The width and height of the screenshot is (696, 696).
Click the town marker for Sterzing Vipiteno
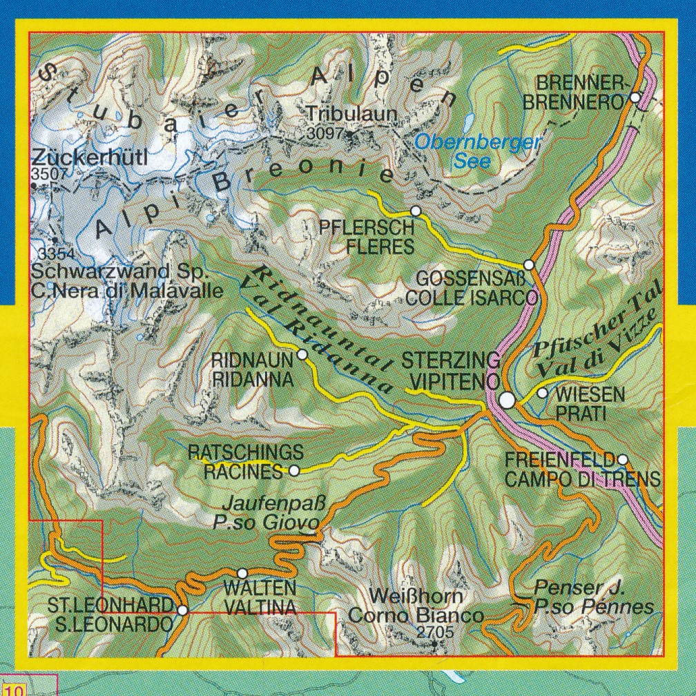(x=507, y=400)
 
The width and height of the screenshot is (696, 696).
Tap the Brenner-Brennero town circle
(x=635, y=98)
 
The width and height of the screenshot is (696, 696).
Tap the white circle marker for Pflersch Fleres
(x=415, y=211)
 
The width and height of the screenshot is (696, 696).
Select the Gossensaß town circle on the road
(x=529, y=264)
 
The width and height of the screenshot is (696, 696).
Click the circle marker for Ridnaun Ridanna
(x=302, y=355)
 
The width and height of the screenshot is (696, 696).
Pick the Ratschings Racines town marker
(x=293, y=471)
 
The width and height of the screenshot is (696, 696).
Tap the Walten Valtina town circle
(x=242, y=573)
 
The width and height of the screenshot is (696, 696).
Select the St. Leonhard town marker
(x=182, y=610)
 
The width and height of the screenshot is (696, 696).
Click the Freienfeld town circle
(x=622, y=459)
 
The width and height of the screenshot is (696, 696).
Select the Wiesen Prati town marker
(x=542, y=393)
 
